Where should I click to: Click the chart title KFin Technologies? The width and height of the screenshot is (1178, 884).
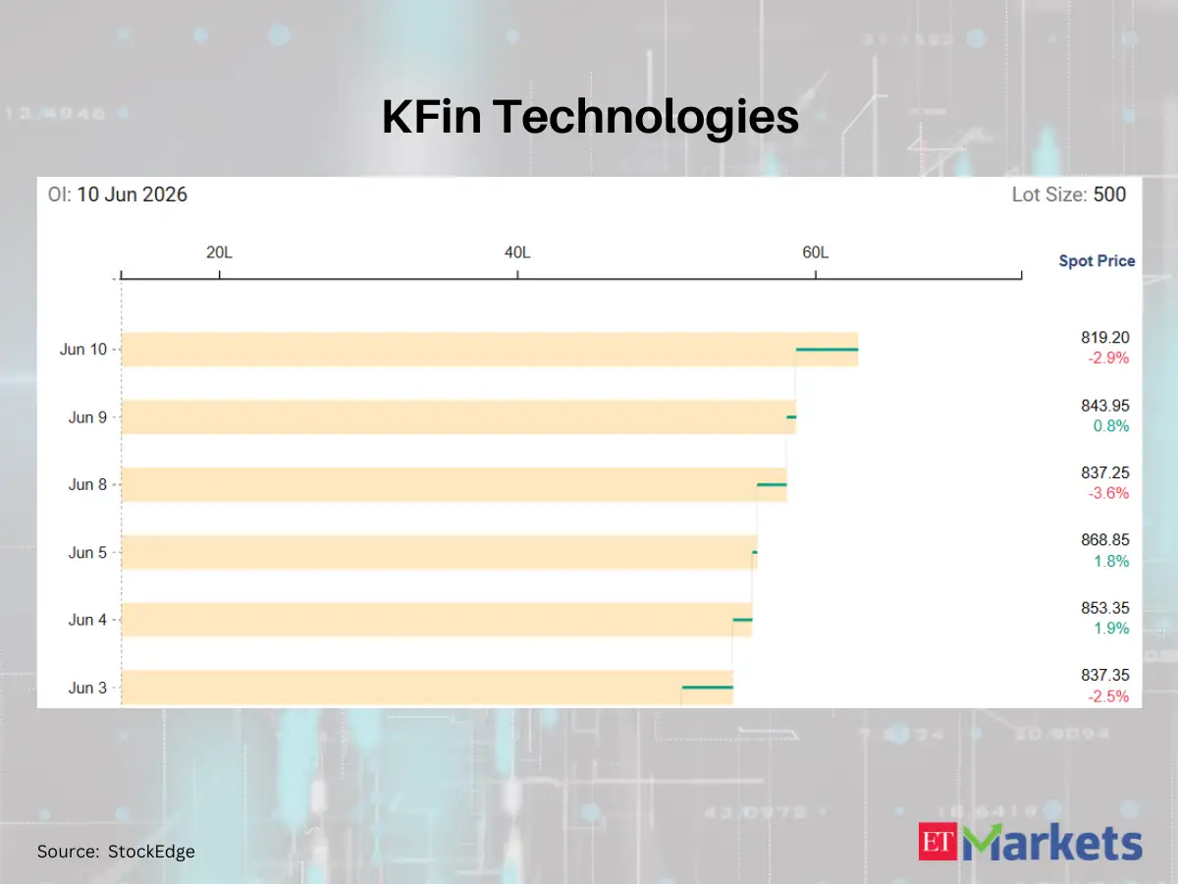[590, 117]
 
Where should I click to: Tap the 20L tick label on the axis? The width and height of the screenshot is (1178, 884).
[219, 252]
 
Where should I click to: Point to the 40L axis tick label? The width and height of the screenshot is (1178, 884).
[517, 252]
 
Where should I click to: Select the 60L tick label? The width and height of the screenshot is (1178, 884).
[815, 252]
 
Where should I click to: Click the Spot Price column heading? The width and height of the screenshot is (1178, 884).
[1097, 261]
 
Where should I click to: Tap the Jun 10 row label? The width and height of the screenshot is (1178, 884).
[83, 350]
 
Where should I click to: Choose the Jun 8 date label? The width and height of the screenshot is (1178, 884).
[87, 484]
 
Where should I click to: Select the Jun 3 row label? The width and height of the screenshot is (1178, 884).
[87, 688]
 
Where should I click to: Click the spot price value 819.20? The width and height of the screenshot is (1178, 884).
[1105, 338]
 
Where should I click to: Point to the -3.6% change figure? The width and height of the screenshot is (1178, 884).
[1108, 493]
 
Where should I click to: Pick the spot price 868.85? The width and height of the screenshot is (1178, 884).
[1105, 540]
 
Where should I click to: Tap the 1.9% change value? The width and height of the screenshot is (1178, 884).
[1111, 628]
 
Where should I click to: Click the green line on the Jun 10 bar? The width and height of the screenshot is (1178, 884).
[827, 350]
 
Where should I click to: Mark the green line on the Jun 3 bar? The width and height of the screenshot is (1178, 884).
[708, 687]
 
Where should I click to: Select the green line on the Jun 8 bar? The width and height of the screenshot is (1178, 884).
[772, 484]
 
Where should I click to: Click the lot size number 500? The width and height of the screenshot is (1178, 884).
[1109, 194]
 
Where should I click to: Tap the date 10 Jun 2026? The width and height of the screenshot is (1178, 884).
[132, 194]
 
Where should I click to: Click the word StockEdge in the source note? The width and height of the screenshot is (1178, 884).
[151, 852]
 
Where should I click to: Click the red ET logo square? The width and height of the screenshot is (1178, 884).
[937, 841]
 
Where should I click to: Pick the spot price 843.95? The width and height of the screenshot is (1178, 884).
[1105, 406]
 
